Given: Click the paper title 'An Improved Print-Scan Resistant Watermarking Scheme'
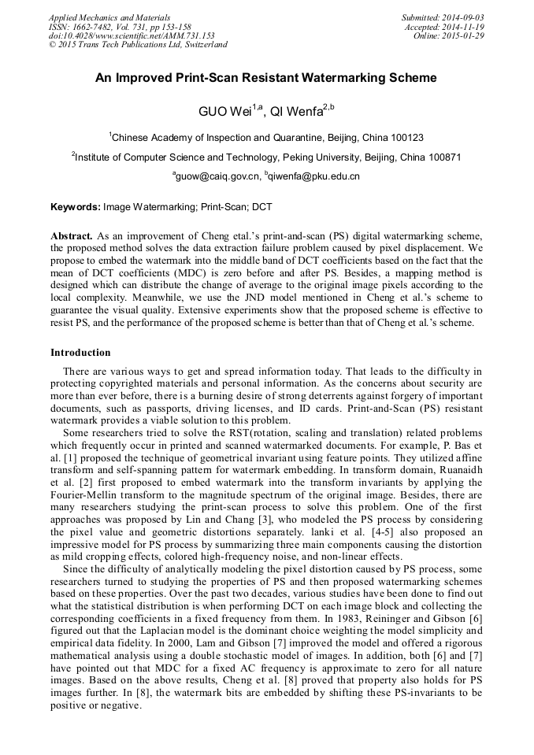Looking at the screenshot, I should (266, 78).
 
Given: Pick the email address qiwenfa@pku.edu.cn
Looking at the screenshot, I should (314, 176).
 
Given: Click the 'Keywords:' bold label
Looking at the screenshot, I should (76, 207).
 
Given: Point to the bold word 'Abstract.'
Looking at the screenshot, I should (72, 235).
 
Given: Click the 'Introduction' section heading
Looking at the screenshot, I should (80, 352).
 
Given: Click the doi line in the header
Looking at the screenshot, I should (132, 35).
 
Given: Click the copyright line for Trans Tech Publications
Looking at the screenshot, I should (138, 45).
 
